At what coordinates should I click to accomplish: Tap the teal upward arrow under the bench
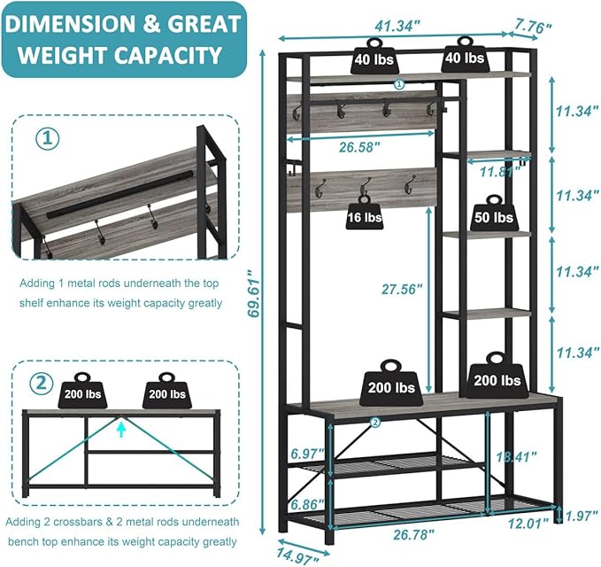(121, 429)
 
